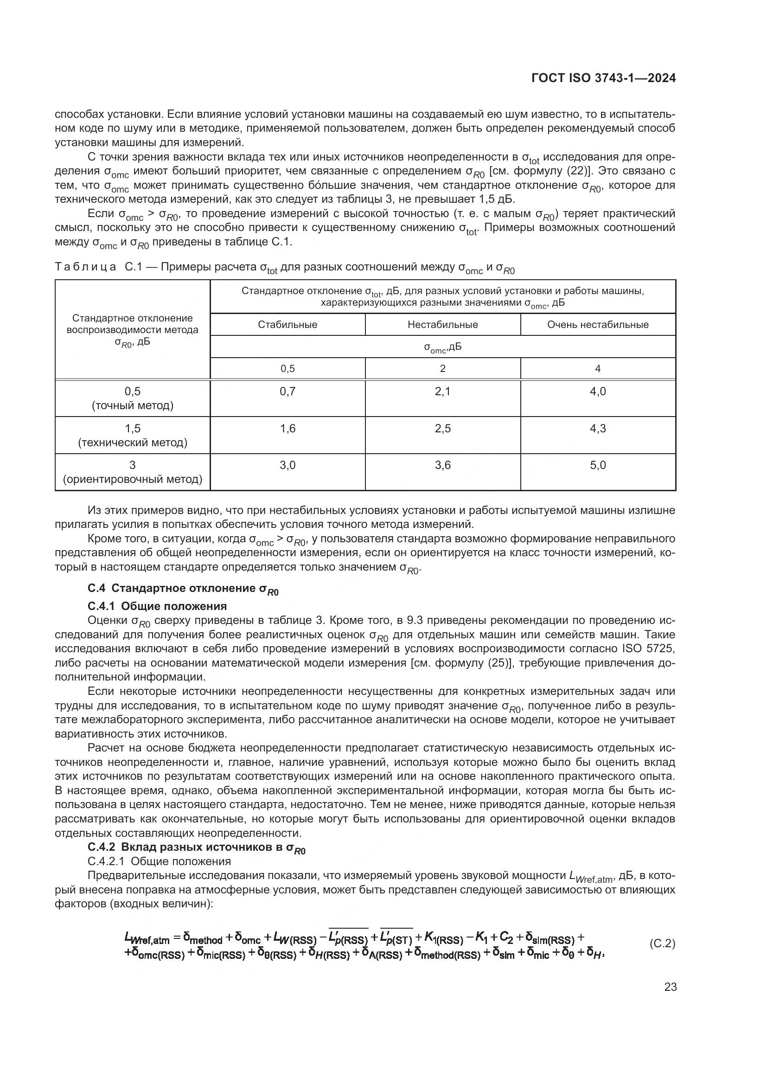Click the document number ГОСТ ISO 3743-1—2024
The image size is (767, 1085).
pyautogui.click(x=604, y=78)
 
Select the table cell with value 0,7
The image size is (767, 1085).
pyautogui.click(x=287, y=392)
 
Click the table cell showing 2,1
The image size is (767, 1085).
pyautogui.click(x=442, y=392)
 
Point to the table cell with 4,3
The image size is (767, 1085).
pyautogui.click(x=597, y=429)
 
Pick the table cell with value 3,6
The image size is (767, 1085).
pyautogui.click(x=442, y=465)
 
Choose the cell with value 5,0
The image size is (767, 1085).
pyautogui.click(x=597, y=465)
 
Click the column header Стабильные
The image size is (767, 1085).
pyautogui.click(x=287, y=325)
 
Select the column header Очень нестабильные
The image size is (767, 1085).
pyautogui.click(x=597, y=325)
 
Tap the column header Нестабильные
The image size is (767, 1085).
pyautogui.click(x=442, y=325)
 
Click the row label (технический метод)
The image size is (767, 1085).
pyautogui.click(x=132, y=443)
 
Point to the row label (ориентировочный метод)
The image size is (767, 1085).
pyautogui.click(x=132, y=480)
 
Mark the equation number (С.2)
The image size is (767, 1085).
pyautogui.click(x=662, y=944)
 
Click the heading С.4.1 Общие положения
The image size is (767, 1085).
pyautogui.click(x=157, y=606)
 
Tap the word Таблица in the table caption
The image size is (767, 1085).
pyautogui.click(x=85, y=267)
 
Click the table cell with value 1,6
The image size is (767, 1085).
pyautogui.click(x=287, y=429)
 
